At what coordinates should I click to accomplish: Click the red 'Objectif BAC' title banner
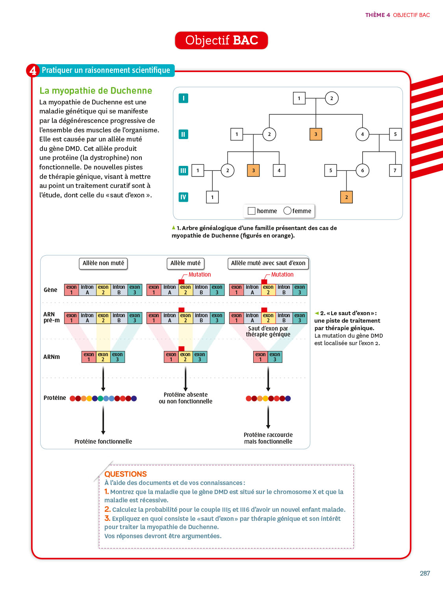[x=221, y=41]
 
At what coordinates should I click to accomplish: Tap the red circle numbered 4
[x=33, y=71]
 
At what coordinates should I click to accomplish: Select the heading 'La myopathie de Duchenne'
[x=96, y=91]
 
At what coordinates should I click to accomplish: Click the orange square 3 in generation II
[x=316, y=134]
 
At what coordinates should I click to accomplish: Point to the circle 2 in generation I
[x=332, y=98]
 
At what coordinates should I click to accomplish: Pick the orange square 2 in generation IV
[x=347, y=197]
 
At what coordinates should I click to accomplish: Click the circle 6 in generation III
[x=362, y=171]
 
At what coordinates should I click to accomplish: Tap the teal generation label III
[x=183, y=171]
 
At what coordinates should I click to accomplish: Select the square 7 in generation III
[x=395, y=171]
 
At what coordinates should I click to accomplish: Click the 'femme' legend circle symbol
[x=287, y=211]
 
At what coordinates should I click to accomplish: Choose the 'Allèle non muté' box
[x=103, y=263]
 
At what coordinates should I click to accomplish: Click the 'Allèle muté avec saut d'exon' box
[x=268, y=263]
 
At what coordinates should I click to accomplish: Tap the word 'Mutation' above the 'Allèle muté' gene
[x=200, y=275]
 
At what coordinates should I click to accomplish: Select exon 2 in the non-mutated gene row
[x=103, y=290]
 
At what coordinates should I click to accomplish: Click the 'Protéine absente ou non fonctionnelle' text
[x=185, y=398]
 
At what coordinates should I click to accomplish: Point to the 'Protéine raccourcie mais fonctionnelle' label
[x=268, y=438]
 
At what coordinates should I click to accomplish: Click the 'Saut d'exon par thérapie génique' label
[x=268, y=331]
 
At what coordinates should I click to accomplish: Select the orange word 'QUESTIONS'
[x=126, y=474]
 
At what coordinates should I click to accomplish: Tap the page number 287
[x=425, y=573]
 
